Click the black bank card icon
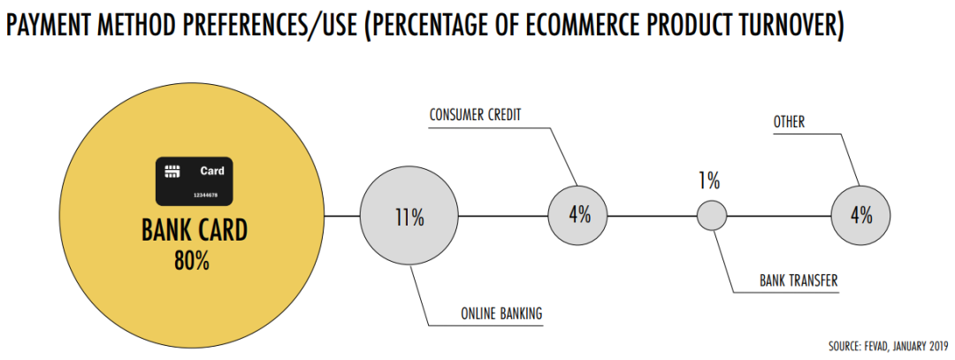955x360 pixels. coord(194,180)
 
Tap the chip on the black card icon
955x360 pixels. coord(172,172)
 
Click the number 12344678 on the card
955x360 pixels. coord(205,195)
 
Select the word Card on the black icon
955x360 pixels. coord(212,172)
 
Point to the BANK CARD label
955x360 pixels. coord(195,231)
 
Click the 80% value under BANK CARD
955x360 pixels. coord(192,261)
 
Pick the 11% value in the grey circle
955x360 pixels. coord(409,218)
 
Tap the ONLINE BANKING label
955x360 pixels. coord(501,314)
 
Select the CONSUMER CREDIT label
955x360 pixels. coord(475,114)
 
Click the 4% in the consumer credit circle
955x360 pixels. coord(579,215)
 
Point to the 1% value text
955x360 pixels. coord(709,181)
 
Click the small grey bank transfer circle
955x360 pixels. coord(711,215)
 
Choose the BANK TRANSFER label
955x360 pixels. coord(798,281)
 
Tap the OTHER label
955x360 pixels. coord(790,122)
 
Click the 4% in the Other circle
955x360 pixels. coord(861,215)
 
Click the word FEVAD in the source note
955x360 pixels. coord(875,347)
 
